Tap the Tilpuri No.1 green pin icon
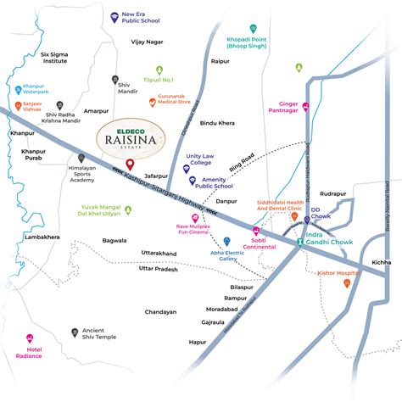tap(158, 70)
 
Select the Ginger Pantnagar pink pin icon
tap(305, 106)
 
